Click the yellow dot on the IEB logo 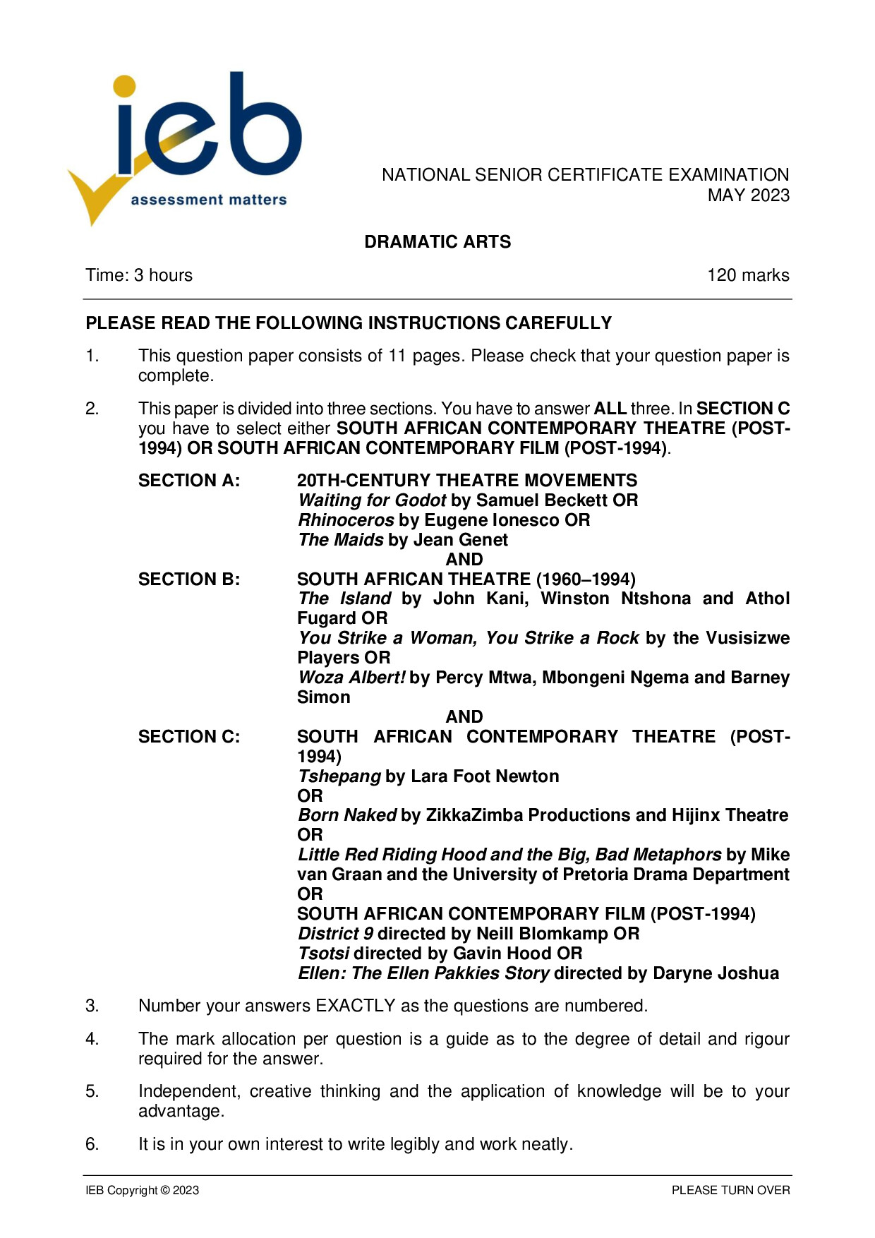[124, 86]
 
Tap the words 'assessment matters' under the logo [209, 200]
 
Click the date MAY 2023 [748, 196]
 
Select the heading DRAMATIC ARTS [437, 242]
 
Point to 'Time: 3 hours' [139, 275]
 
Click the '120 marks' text [748, 275]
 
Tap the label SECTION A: [189, 481]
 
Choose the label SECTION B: [189, 579]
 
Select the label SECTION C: [189, 737]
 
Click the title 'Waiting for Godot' [372, 500]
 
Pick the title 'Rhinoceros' [346, 520]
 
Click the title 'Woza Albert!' [351, 678]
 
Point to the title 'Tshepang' [339, 776]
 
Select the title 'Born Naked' [346, 815]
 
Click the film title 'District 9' [335, 934]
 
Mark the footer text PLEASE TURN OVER [730, 1191]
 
